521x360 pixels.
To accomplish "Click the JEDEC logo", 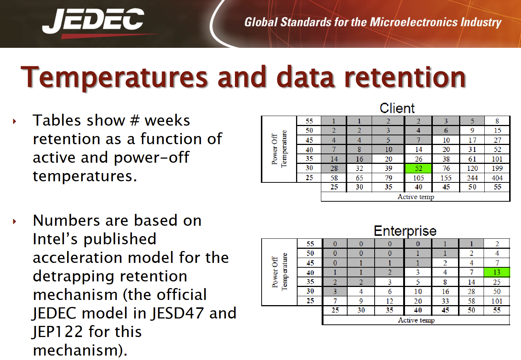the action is pos(93,22).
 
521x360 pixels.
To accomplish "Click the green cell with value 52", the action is pos(418,168).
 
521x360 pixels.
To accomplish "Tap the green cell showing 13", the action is pos(497,272).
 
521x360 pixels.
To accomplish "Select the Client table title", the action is pos(397,108).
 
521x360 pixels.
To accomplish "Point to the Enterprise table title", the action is pos(405,231).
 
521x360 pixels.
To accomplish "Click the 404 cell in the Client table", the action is pos(497,178).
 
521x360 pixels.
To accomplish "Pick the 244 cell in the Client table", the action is pos(472,178).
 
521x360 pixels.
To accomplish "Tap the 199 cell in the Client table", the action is pos(497,168).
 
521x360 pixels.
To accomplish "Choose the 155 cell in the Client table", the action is pos(446,178).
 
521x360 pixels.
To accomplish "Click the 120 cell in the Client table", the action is pos(472,168).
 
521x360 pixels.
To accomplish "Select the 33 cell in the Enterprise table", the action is pos(445,301).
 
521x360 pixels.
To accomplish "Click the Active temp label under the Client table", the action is pos(416,197).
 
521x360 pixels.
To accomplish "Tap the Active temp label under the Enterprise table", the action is pos(416,320).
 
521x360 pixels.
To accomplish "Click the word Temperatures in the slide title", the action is pos(114,77).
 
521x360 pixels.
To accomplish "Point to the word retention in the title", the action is pos(405,77).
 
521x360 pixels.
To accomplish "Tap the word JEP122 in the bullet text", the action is pos(57,331).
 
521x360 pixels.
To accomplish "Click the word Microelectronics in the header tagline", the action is pos(414,22).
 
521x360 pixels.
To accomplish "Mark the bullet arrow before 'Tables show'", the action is pos(15,121).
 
